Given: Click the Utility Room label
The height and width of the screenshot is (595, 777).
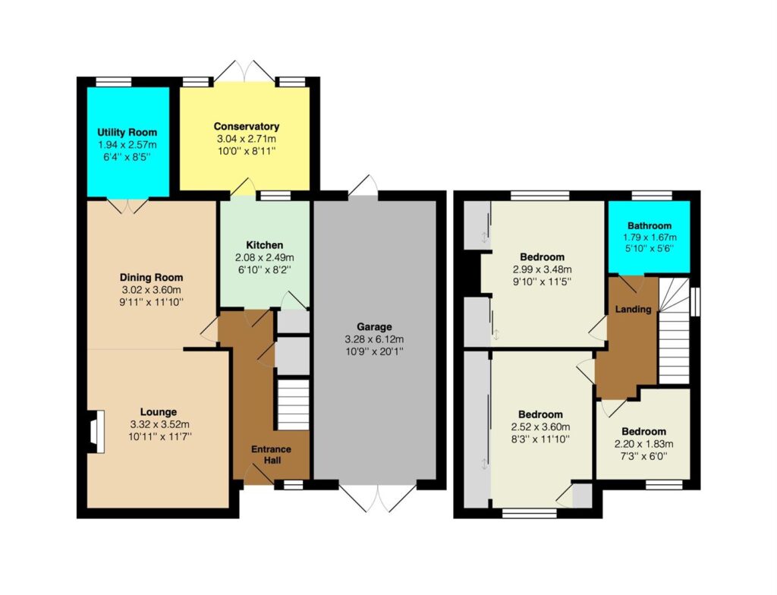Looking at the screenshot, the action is pos(127,132).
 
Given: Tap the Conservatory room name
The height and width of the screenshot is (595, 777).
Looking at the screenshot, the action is pos(247,127).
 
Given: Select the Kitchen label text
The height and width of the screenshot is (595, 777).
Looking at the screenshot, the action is pos(265,245).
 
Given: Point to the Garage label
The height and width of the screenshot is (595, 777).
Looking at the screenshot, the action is pos(374,327).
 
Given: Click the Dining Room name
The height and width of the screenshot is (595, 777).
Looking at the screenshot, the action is pos(151,278).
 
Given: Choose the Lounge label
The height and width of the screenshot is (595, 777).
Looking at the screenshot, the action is pos(159,412).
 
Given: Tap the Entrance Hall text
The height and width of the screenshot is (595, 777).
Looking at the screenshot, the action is pos(271,455).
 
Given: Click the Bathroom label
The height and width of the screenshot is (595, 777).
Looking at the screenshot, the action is pos(650,225).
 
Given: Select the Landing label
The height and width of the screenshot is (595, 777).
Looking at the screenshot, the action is pos(633,310).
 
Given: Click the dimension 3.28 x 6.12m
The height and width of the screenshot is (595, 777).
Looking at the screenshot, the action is pos(374,340).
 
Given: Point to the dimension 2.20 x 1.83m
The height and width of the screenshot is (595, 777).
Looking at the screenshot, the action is pos(643,444).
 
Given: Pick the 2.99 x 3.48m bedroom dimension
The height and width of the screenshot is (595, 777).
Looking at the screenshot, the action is pos(542,269).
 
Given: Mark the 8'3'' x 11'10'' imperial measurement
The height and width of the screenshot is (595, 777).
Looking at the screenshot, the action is pos(540,439).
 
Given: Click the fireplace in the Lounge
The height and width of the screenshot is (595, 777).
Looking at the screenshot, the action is pos(96,431).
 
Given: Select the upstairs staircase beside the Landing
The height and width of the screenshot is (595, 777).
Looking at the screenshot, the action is pos(674,331).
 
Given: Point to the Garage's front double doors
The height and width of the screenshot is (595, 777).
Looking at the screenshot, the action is pos(378,496).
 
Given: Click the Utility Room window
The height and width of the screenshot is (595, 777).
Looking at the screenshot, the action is pos(114,82).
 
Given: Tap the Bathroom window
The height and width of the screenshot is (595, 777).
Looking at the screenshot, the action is pos(652,195).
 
